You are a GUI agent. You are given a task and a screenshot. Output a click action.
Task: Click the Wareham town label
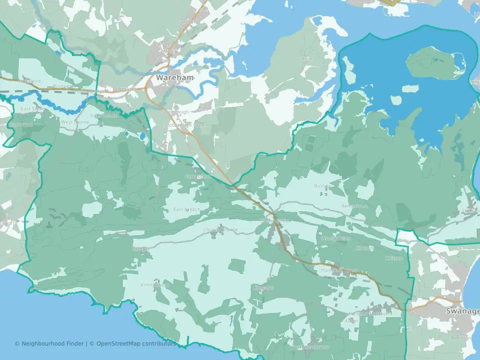pyautogui.click(x=174, y=78)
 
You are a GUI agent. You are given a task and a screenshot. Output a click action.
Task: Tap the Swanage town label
pyautogui.click(x=462, y=311)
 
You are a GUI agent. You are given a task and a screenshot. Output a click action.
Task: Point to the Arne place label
pyautogui.click(x=307, y=58)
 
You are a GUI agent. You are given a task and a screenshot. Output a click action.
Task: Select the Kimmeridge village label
pyautogui.click(x=154, y=284)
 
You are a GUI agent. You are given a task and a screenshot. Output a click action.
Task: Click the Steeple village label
pyautogui.click(x=138, y=248)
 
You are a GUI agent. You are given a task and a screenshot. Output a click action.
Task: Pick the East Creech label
pyautogui.click(x=186, y=209)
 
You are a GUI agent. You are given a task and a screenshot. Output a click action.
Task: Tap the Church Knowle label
pyautogui.click(x=220, y=230)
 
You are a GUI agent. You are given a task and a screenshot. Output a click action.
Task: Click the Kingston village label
pyautogui.click(x=263, y=288)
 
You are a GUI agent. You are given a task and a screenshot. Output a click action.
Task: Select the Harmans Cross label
pyautogui.click(x=338, y=270)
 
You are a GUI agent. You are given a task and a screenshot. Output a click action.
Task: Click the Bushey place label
pyautogui.click(x=322, y=186)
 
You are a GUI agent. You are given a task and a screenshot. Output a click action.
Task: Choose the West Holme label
pyautogui.click(x=75, y=122)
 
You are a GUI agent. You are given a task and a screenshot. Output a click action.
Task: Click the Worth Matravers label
pyautogui.click(x=310, y=346)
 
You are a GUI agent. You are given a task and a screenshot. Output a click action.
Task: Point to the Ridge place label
pyautogui.click(x=205, y=107)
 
